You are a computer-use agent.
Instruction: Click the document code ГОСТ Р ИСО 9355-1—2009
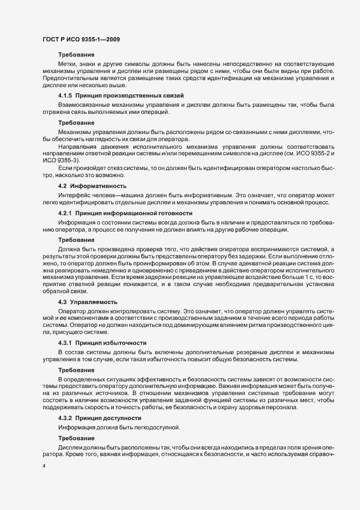[x=81, y=39]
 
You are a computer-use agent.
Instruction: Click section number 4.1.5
[x=66, y=95]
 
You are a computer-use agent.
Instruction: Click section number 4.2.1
[x=66, y=212]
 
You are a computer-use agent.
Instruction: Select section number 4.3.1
[x=66, y=343]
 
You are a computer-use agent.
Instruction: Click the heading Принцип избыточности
[x=112, y=343]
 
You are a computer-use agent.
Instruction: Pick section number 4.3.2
[x=66, y=417]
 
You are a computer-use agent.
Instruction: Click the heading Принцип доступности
[x=109, y=417]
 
